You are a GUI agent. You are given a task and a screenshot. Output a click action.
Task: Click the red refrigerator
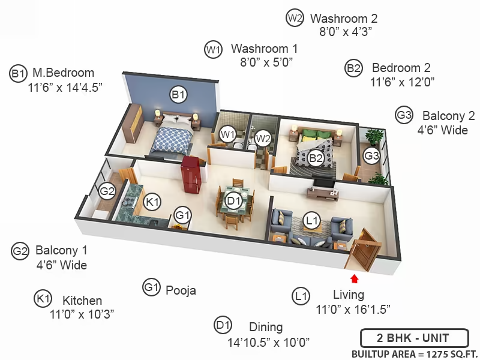(x=191, y=175)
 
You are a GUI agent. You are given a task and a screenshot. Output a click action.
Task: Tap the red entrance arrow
(x=355, y=278)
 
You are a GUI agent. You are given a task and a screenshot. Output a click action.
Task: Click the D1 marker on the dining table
(x=233, y=201)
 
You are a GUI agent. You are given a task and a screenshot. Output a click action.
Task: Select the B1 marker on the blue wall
(x=178, y=95)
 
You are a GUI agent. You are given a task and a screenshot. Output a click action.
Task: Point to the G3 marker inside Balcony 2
(x=371, y=156)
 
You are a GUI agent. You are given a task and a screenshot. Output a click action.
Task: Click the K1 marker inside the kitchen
(x=152, y=202)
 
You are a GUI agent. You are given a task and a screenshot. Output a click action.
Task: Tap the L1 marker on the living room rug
(x=312, y=220)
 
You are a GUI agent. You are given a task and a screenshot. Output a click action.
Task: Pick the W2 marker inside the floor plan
(x=263, y=139)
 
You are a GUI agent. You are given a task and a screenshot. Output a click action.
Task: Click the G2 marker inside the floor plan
(x=107, y=191)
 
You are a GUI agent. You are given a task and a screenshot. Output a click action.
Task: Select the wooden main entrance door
(x=364, y=250)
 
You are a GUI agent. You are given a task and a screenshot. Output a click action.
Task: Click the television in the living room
(x=324, y=183)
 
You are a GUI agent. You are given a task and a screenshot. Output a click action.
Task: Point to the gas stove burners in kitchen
(x=129, y=201)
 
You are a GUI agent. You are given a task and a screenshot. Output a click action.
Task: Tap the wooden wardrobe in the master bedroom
(x=133, y=123)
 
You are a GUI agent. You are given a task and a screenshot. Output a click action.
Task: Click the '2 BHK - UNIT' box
(x=414, y=338)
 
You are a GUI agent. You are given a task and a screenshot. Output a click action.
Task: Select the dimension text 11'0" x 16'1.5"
(x=353, y=310)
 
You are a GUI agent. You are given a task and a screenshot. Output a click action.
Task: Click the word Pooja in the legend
(x=181, y=290)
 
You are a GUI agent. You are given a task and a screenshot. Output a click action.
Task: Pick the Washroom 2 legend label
(x=344, y=19)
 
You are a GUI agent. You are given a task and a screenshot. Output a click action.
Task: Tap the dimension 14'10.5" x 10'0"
(x=268, y=342)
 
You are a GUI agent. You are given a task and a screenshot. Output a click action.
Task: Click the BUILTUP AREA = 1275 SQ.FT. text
(x=415, y=354)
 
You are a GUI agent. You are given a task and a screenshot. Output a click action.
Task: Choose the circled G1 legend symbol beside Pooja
(x=152, y=287)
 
